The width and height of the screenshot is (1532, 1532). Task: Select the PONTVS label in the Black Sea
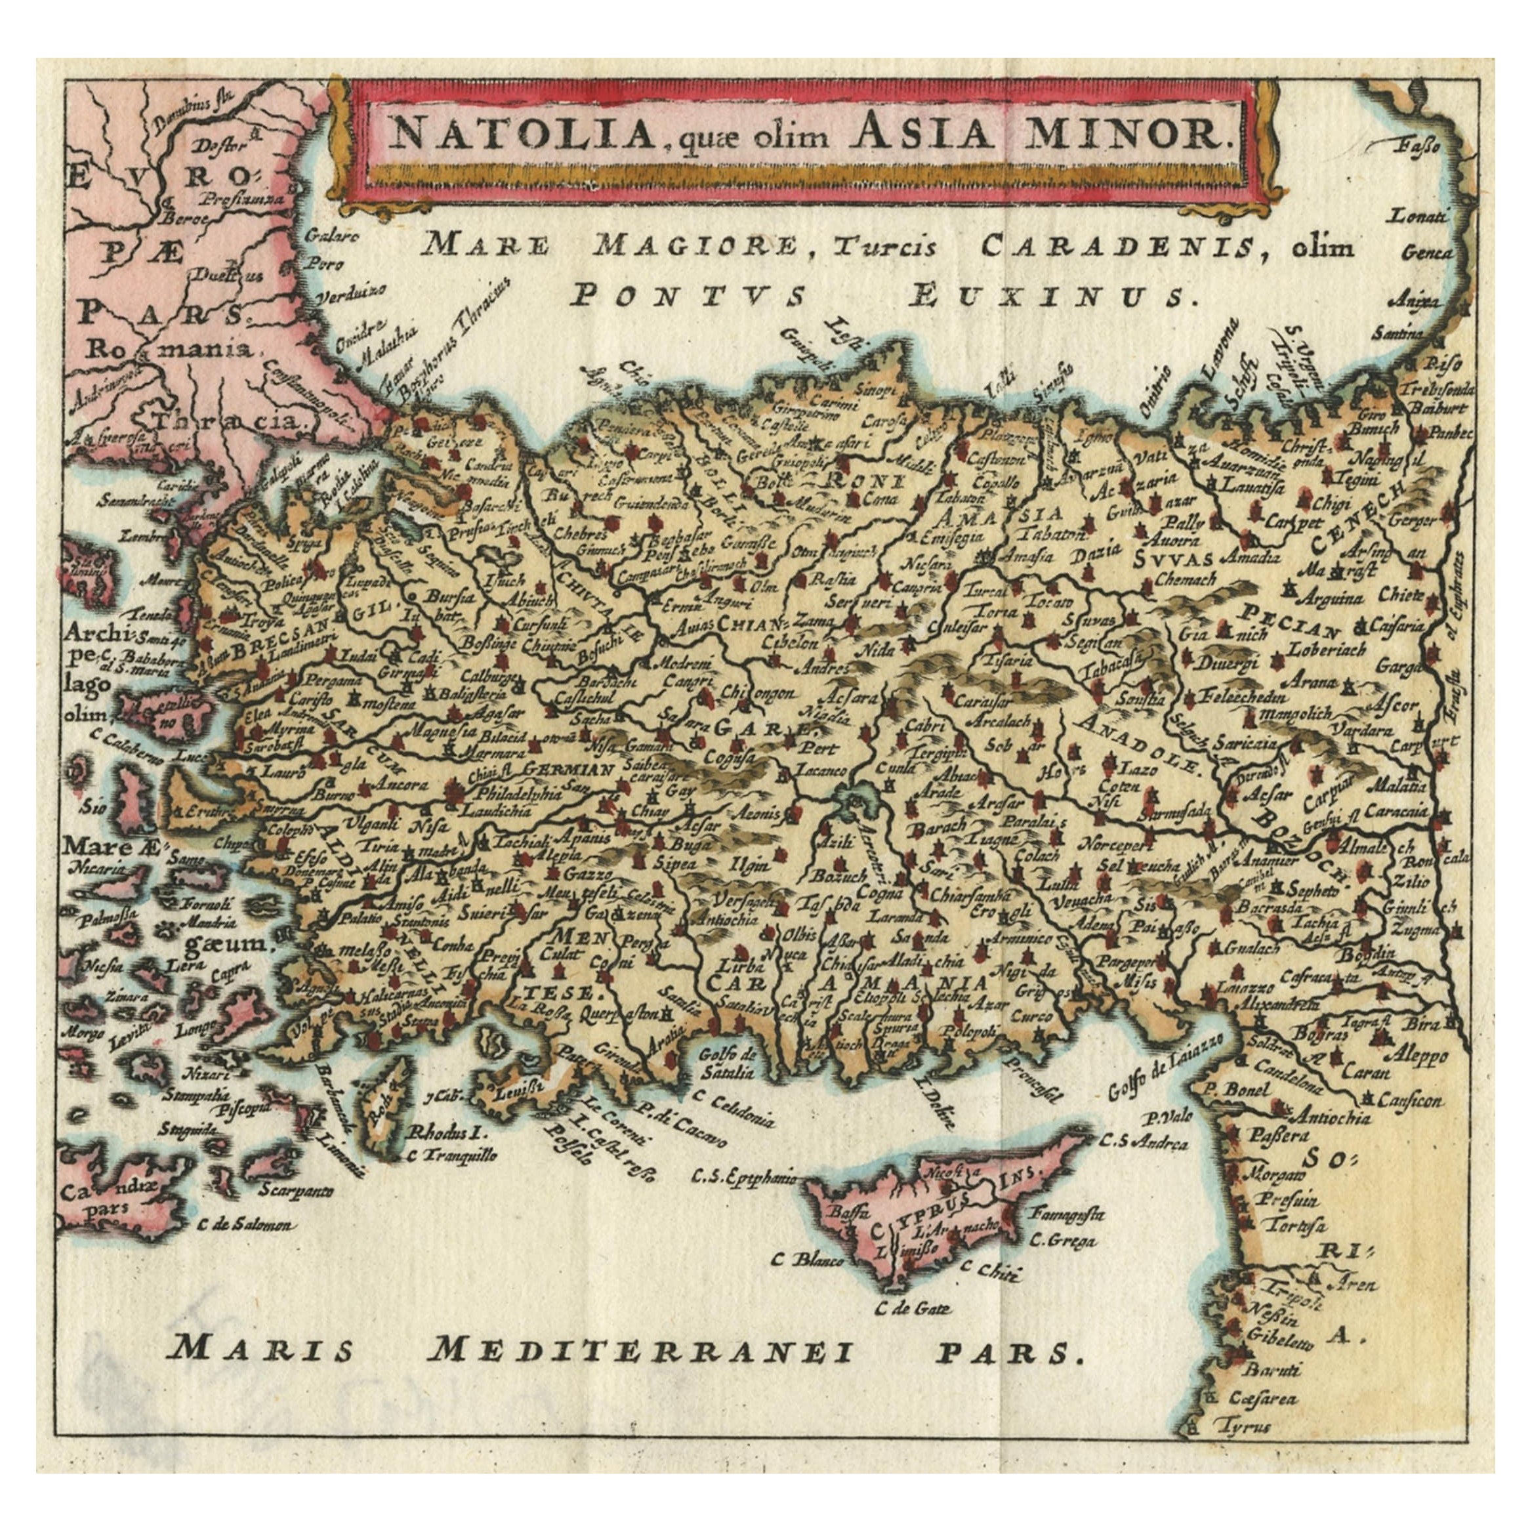(x=688, y=295)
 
